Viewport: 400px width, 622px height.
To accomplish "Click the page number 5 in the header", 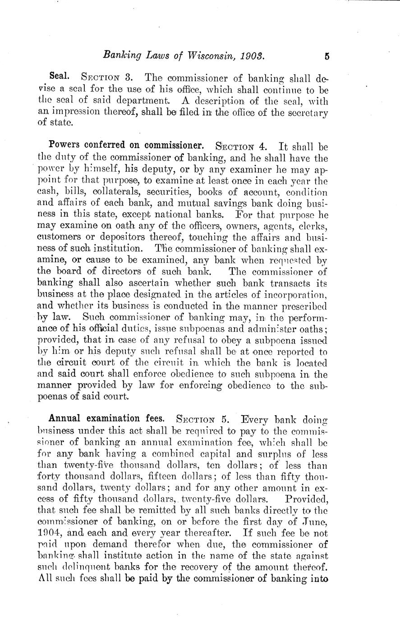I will [x=326, y=57].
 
